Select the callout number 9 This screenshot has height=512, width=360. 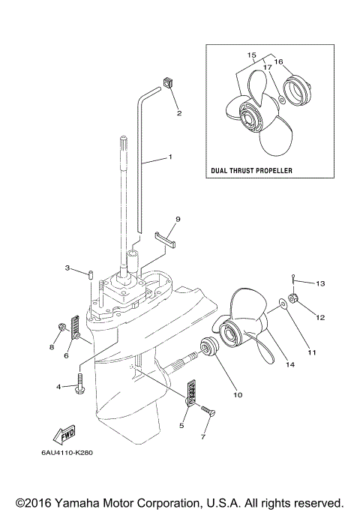point(178,219)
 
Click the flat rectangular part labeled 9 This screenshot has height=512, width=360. point(165,239)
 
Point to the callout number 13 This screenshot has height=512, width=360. point(319,283)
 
